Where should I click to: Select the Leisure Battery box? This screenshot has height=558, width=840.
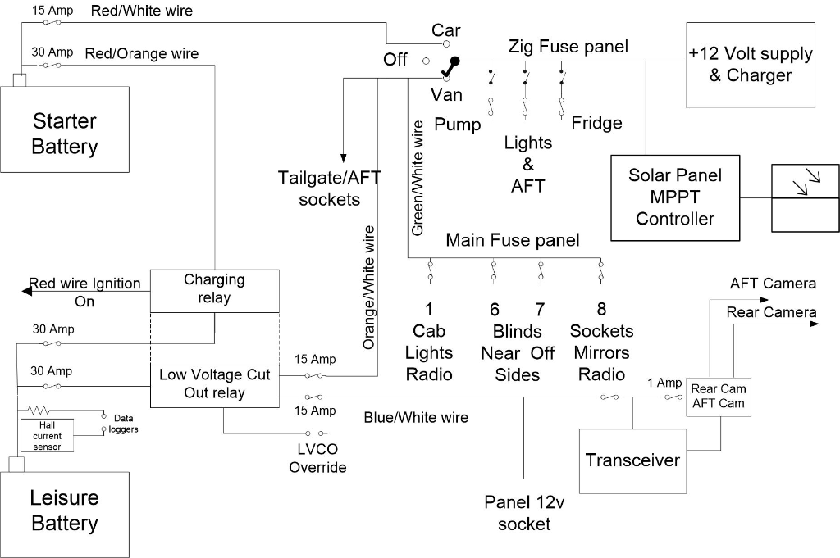pos(65,510)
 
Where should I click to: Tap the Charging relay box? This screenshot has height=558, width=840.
pos(214,289)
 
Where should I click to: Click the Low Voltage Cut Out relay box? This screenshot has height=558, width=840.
pos(214,383)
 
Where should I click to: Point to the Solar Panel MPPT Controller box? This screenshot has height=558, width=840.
pos(675,197)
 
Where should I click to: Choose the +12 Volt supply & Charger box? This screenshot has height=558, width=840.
pos(750,65)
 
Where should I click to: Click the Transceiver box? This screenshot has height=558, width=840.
pos(632,460)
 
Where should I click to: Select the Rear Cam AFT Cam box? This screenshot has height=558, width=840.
pos(718,396)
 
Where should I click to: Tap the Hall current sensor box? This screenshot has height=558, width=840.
pos(47,436)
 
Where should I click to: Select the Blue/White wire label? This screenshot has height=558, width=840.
pos(416,418)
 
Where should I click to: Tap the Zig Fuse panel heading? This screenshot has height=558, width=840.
pos(568,46)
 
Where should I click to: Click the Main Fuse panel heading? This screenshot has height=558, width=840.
pos(512,240)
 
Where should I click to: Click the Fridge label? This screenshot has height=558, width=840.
pos(597,123)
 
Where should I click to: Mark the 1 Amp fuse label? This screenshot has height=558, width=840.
pos(664,383)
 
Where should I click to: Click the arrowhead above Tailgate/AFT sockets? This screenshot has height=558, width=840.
pos(342,157)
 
